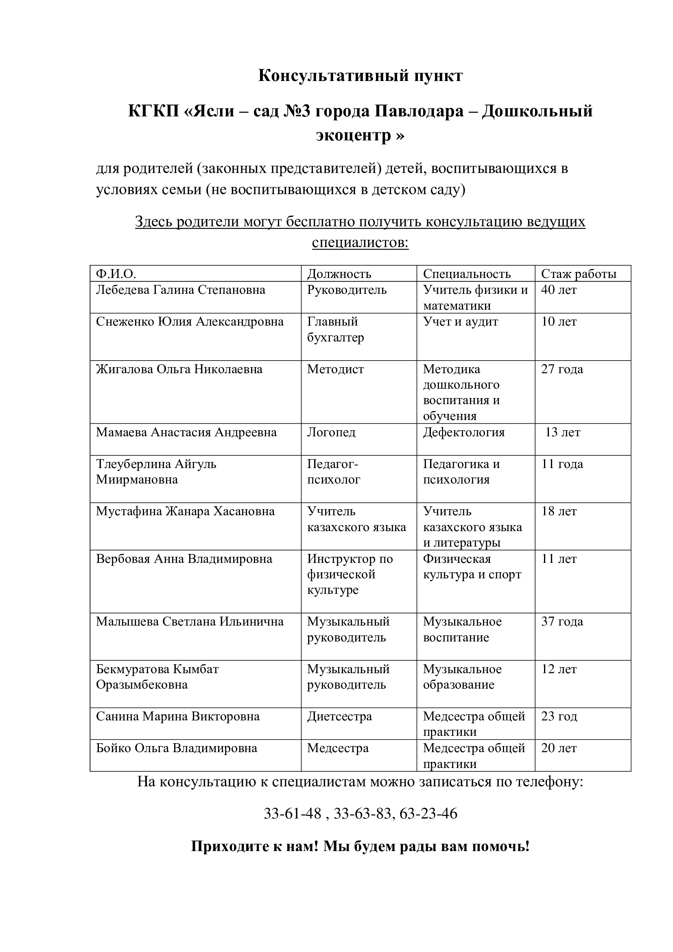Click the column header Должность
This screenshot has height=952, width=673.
(339, 274)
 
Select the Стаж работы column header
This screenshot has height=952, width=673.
(579, 274)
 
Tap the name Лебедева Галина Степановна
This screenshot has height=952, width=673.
(180, 289)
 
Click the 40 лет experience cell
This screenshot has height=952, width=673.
(559, 289)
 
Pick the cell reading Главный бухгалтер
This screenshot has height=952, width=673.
(336, 329)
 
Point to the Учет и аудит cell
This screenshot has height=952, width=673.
(461, 322)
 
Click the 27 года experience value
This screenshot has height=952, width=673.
(562, 369)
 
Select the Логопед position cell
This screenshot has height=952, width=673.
(331, 432)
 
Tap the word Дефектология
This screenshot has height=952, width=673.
(464, 432)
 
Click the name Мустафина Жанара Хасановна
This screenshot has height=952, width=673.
(185, 511)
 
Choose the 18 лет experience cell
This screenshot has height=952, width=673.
(559, 511)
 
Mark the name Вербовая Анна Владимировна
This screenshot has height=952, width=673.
(184, 558)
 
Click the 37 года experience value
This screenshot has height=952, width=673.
(562, 621)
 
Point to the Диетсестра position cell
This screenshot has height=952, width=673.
(339, 716)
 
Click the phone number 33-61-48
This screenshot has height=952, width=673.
(293, 814)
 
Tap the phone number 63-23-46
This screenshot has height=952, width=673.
(428, 814)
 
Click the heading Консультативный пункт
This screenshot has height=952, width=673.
(360, 76)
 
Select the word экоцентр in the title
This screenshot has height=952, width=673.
(354, 135)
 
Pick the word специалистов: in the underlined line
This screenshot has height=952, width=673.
(360, 242)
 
